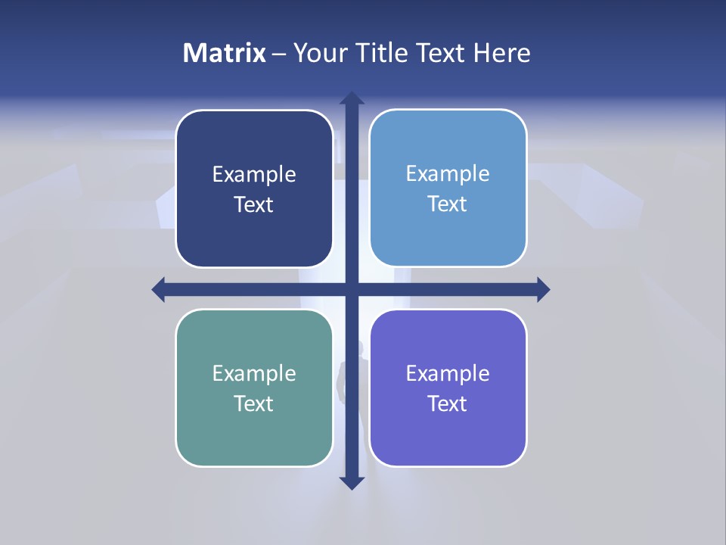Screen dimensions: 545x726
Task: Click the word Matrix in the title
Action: pos(224,53)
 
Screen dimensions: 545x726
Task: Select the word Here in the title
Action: pos(501,53)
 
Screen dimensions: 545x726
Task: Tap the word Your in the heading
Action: pos(318,53)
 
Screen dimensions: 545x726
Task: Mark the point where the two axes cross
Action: pos(351,289)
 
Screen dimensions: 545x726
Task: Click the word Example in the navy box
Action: pos(254,175)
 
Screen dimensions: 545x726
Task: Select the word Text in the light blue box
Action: pos(448,204)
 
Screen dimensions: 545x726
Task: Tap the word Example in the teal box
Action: pos(254,374)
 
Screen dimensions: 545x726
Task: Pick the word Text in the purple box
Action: pos(448,404)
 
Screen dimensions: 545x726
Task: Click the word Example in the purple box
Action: pos(448,374)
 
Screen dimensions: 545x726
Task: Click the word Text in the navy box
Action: pos(254,205)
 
